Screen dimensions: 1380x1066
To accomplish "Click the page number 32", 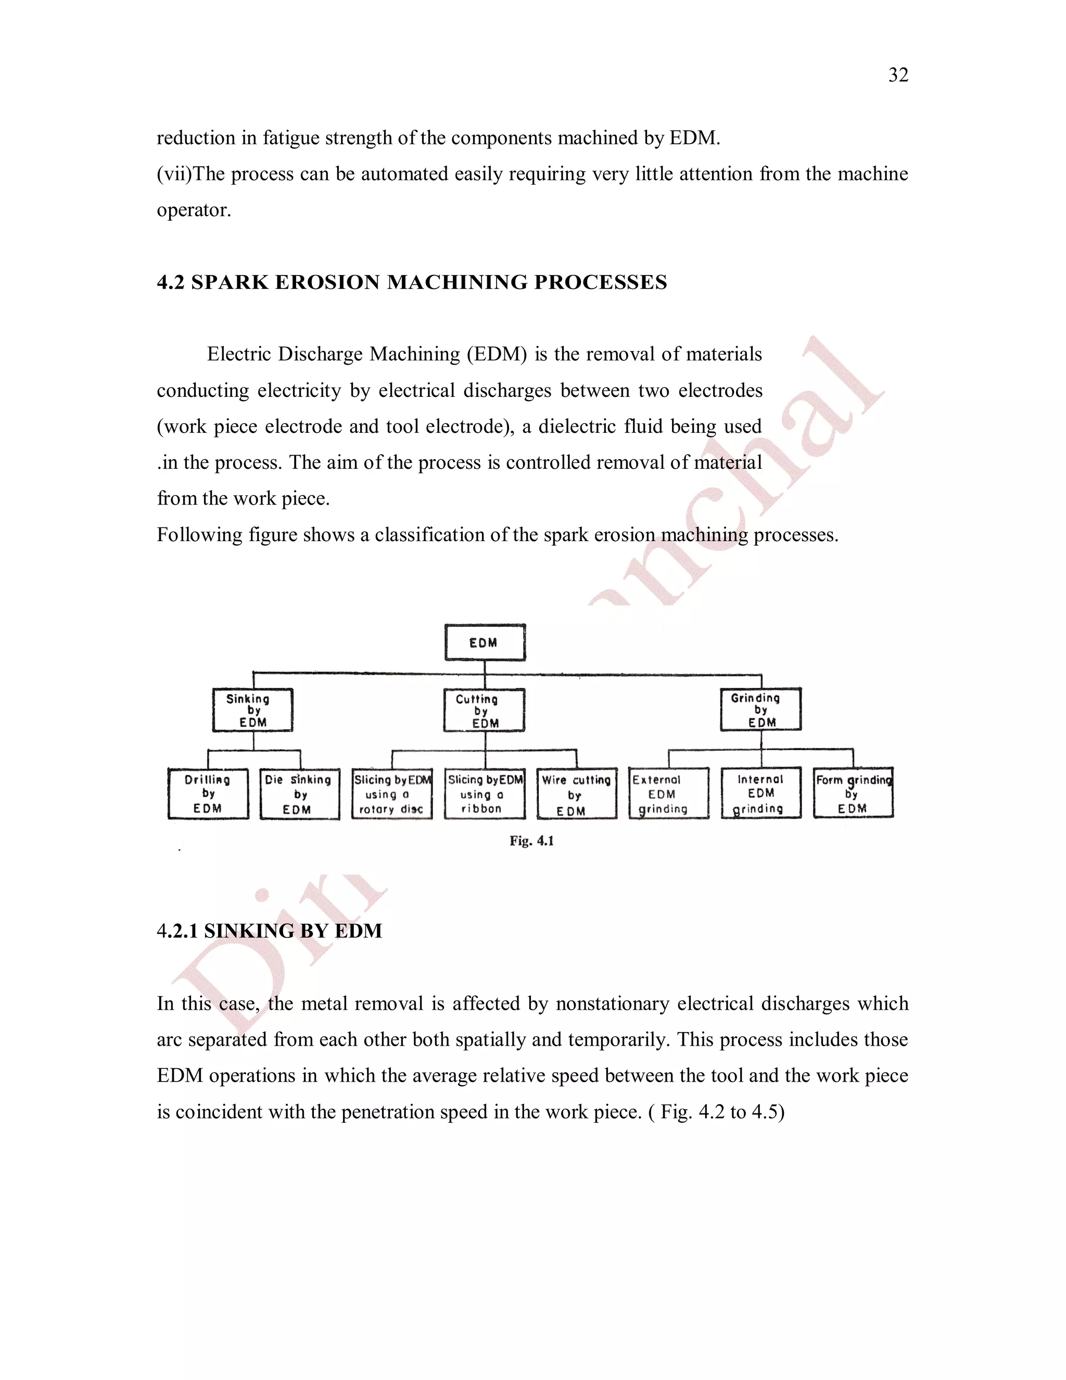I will pyautogui.click(x=898, y=75).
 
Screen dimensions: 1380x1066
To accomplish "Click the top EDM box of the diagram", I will pyautogui.click(x=485, y=643).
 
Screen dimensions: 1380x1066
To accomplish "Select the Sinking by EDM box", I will pyautogui.click(x=252, y=710).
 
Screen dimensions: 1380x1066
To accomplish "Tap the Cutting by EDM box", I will pyautogui.click(x=485, y=711).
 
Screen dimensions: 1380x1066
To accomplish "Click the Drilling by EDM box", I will pyautogui.click(x=208, y=794).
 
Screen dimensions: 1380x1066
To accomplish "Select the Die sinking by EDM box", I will pyautogui.click(x=300, y=794).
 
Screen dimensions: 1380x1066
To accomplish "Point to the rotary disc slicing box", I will pyautogui.click(x=392, y=794).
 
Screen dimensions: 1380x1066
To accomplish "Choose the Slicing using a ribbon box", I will pyautogui.click(x=485, y=794).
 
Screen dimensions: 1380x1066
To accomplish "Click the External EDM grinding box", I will pyautogui.click(x=669, y=794).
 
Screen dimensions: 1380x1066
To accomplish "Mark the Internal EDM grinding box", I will pyautogui.click(x=761, y=794).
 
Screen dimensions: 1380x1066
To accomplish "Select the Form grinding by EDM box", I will pyautogui.click(x=853, y=794).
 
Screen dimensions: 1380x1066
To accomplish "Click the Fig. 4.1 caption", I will pyautogui.click(x=532, y=841).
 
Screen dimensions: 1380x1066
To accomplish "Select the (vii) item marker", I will pyautogui.click(x=174, y=174).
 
